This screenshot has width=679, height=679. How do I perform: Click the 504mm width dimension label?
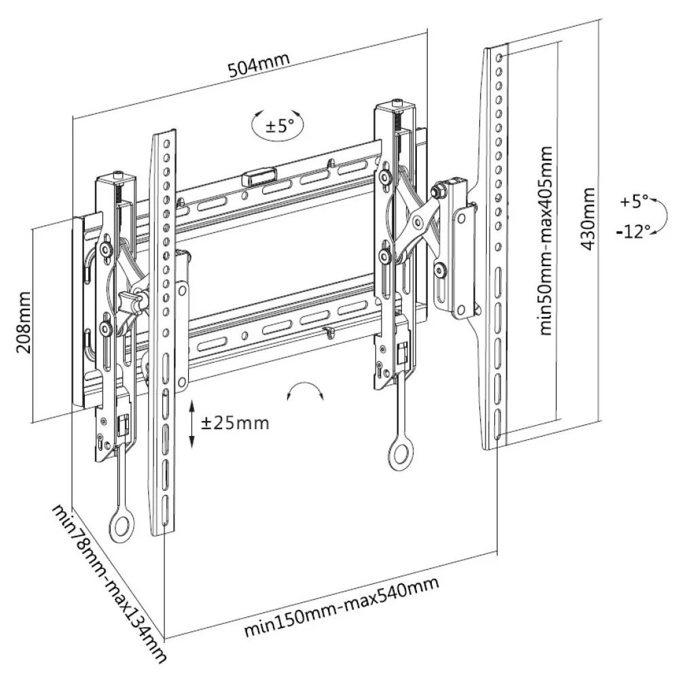258,65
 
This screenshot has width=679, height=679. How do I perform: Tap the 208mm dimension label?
24,322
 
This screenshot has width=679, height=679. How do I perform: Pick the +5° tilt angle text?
634,202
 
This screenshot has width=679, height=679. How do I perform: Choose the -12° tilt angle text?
633,231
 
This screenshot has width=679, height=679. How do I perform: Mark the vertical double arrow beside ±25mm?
191,424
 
